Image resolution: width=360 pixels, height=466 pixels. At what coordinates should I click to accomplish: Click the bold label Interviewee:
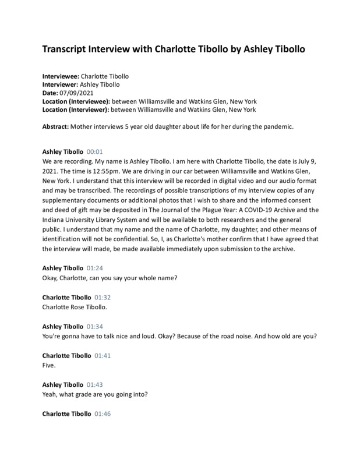tap(61, 76)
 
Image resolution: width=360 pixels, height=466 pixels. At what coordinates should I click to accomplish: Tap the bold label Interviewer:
tap(61, 84)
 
